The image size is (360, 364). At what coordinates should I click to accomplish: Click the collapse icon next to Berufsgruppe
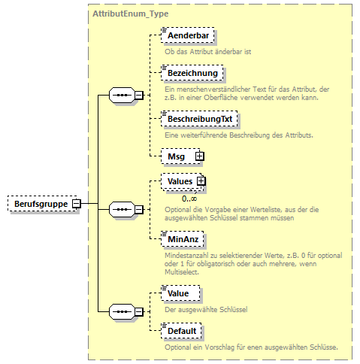pyautogui.click(x=77, y=203)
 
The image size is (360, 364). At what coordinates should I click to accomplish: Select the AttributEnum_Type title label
pyautogui.click(x=130, y=14)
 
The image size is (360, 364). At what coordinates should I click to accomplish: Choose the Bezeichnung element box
pyautogui.click(x=192, y=73)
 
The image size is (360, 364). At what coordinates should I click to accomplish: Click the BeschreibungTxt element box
pyautogui.click(x=198, y=119)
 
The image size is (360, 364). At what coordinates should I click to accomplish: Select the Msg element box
pyautogui.click(x=178, y=156)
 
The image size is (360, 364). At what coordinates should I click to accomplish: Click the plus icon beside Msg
pyautogui.click(x=199, y=156)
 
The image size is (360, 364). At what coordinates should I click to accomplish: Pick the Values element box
pyautogui.click(x=180, y=181)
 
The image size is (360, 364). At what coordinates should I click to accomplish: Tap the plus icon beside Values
pyautogui.click(x=201, y=181)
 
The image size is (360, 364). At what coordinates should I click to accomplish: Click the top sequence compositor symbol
pyautogui.click(x=122, y=96)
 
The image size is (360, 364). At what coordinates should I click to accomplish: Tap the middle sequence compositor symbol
pyautogui.click(x=122, y=209)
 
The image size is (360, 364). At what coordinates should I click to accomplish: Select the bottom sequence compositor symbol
pyautogui.click(x=122, y=311)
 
